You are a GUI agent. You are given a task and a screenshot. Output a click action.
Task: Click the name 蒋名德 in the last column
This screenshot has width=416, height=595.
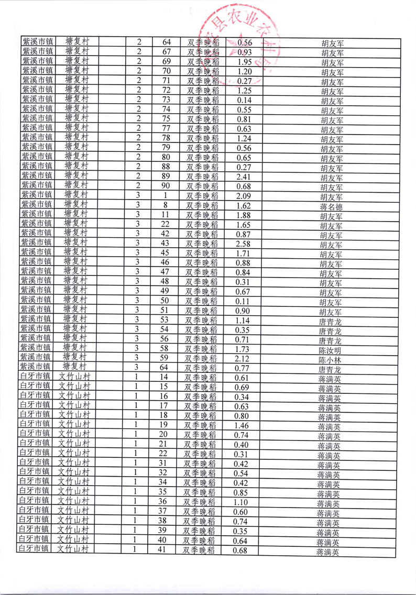331,206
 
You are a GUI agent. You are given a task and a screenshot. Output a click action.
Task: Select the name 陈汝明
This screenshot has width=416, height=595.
330,350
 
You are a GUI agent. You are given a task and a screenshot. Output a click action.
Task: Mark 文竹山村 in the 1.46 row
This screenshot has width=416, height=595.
74,424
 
